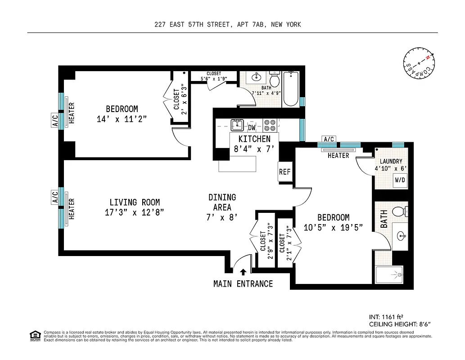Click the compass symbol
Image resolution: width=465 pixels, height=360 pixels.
click(x=419, y=64)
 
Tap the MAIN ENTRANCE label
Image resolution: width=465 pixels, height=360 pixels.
click(x=243, y=284)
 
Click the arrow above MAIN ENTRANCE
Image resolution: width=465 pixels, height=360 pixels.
click(x=243, y=272)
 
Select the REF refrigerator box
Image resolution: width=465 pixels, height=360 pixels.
click(x=284, y=171)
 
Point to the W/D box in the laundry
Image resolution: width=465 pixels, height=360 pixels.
click(x=400, y=180)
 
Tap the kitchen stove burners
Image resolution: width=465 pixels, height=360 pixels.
click(x=270, y=124)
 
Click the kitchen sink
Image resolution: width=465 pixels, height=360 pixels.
click(x=237, y=125)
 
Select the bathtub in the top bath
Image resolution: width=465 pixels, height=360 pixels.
click(x=291, y=88)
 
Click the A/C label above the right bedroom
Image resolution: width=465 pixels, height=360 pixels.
click(x=329, y=139)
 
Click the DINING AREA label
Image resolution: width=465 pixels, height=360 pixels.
click(x=222, y=202)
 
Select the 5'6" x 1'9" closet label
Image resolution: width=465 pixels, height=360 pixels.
click(x=214, y=76)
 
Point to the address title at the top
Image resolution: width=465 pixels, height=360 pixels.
click(x=227, y=25)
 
